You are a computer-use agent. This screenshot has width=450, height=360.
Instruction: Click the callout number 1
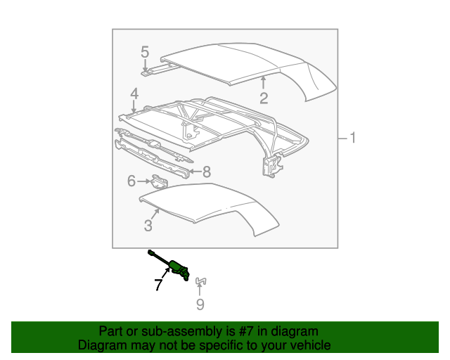click(352, 139)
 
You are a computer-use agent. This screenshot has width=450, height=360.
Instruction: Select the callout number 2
click(264, 98)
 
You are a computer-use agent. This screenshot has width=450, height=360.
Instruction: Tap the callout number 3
click(148, 225)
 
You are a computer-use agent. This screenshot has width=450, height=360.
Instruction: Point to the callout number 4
click(134, 94)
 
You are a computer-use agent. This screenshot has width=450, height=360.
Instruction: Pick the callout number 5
click(145, 51)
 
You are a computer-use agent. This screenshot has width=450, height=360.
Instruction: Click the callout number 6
click(131, 181)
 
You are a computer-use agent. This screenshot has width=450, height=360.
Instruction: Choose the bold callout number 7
click(158, 285)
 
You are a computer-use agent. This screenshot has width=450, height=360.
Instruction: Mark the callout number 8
click(207, 171)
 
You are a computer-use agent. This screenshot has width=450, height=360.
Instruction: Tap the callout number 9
click(200, 304)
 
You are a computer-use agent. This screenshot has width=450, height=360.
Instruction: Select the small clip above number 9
click(200, 281)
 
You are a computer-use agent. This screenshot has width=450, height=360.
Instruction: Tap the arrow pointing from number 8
click(194, 171)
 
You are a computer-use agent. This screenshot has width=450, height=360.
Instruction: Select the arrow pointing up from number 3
click(156, 214)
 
